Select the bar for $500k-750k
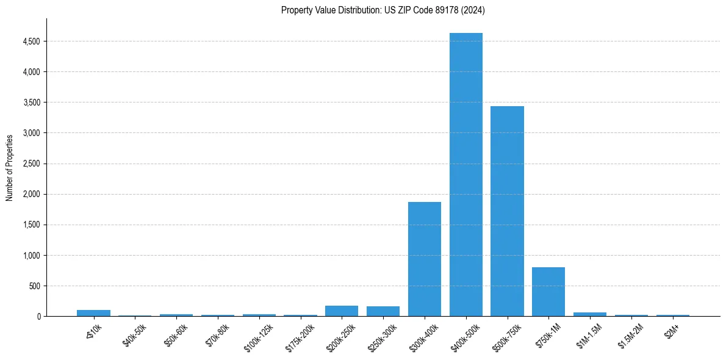tap(507, 211)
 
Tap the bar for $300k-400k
tap(425, 259)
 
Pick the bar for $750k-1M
tap(548, 292)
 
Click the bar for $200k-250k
tap(342, 311)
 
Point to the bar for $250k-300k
tap(383, 311)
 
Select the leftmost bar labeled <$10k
tap(93, 313)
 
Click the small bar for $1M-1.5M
tap(590, 314)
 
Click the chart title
tap(383, 10)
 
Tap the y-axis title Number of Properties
tap(10, 168)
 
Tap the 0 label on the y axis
tap(38, 316)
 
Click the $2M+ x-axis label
tap(672, 330)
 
